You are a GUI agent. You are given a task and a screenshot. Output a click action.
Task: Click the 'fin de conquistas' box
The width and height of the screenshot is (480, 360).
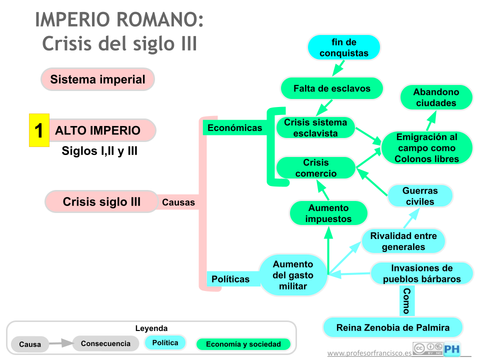click(x=343, y=47)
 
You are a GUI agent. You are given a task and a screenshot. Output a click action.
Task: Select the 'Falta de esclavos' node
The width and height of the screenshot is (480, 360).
click(x=331, y=88)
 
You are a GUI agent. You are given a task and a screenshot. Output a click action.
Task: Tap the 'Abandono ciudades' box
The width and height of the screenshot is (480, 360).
click(x=436, y=97)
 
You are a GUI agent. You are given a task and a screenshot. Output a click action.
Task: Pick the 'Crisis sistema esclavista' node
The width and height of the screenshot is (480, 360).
click(x=315, y=128)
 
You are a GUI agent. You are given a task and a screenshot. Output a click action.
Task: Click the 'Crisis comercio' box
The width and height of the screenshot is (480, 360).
click(x=315, y=168)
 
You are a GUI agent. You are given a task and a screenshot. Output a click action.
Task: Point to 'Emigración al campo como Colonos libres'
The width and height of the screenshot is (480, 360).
click(x=426, y=148)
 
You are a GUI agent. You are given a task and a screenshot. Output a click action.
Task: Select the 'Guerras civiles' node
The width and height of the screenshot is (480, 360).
click(x=420, y=196)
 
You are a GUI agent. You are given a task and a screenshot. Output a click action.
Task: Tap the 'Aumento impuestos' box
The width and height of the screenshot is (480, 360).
click(x=328, y=213)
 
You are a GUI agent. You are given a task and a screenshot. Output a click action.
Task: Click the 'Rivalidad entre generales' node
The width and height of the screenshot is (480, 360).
click(x=403, y=241)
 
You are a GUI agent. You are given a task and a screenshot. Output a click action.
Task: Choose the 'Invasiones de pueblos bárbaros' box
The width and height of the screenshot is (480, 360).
click(x=421, y=273)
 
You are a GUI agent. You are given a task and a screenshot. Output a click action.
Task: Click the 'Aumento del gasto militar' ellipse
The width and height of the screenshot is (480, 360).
click(x=293, y=275)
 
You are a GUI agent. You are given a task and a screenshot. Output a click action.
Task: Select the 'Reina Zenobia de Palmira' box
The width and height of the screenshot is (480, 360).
click(x=392, y=328)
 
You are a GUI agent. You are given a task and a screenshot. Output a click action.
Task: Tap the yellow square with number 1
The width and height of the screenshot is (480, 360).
click(x=39, y=130)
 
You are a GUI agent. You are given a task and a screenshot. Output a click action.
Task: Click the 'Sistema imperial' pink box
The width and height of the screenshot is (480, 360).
click(x=97, y=79)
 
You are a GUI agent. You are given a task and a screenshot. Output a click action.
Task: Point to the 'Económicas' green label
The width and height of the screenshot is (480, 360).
click(x=234, y=128)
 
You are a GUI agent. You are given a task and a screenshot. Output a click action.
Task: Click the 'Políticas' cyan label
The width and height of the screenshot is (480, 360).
click(x=230, y=279)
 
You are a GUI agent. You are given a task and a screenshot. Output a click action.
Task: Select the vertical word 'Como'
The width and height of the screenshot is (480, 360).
click(x=406, y=300)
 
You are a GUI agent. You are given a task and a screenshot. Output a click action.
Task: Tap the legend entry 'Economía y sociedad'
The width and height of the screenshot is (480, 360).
click(x=243, y=344)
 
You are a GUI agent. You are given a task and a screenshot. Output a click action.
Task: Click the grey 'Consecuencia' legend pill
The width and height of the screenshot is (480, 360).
click(x=105, y=343)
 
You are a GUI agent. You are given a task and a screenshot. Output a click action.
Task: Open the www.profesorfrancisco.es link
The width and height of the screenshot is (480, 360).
click(x=369, y=353)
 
